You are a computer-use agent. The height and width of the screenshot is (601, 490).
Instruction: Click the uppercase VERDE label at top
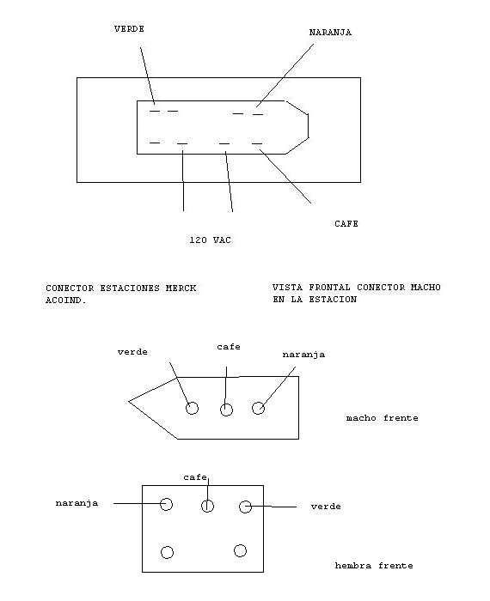pos(129,29)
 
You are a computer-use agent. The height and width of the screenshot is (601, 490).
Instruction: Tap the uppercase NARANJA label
pos(330,33)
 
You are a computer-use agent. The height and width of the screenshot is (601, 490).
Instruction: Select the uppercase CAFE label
pos(346,224)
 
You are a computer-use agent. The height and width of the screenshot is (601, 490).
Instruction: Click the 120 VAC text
pos(211,240)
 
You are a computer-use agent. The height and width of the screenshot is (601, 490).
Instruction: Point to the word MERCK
pos(181,288)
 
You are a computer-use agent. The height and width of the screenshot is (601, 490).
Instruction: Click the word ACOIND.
pos(66,300)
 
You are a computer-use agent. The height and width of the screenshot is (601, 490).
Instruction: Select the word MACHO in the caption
pos(426,288)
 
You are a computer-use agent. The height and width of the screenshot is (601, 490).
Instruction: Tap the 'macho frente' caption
pos(383,418)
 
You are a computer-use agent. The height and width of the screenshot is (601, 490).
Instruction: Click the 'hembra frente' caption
pos(374,566)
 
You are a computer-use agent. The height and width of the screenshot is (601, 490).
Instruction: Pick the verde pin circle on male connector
pos(193,408)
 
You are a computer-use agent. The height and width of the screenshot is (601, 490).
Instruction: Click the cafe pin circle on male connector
pos(226,410)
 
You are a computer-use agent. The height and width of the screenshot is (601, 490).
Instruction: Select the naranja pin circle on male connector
pos(258,408)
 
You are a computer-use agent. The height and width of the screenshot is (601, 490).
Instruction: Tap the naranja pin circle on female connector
pos(166,504)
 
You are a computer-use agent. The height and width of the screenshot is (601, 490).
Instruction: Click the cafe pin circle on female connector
pos(207,506)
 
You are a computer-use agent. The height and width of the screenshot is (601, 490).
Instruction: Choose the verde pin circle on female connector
pos(245,507)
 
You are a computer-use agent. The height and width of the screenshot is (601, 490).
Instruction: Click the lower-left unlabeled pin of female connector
pos(167,552)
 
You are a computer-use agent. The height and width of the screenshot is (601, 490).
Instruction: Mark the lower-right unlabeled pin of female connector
pos(240,551)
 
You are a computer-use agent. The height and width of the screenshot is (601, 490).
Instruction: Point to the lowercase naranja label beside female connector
pos(77,503)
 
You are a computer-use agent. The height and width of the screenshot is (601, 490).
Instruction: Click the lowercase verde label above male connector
pos(132,352)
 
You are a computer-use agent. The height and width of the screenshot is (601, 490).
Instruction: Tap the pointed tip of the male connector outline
pos(129,402)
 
